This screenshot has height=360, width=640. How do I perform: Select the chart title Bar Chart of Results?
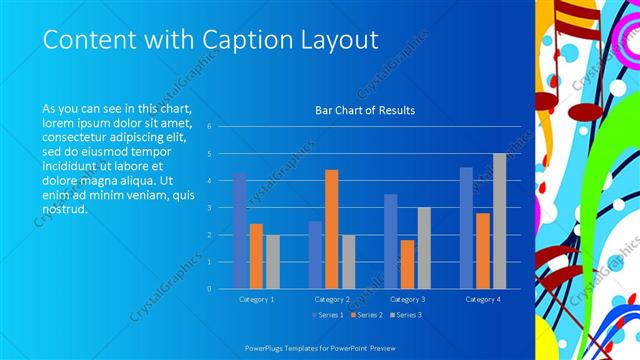tap(365, 110)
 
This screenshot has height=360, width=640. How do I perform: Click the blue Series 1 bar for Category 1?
tap(240, 230)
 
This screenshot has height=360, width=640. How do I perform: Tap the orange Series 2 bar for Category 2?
tap(331, 229)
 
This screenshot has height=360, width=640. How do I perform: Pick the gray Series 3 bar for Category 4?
tap(499, 221)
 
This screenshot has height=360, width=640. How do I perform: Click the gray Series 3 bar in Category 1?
tap(272, 261)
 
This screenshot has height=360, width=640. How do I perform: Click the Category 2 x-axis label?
tap(331, 299)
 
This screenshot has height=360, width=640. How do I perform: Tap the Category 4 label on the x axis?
tap(482, 299)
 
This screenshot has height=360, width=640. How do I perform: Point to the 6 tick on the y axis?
tap(210, 127)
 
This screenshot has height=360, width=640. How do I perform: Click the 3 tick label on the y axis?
tap(210, 208)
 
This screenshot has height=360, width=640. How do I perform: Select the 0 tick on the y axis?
tap(210, 289)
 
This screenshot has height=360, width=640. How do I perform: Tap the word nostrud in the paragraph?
tap(65, 211)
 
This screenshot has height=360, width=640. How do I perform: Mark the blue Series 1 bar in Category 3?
tap(391, 241)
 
